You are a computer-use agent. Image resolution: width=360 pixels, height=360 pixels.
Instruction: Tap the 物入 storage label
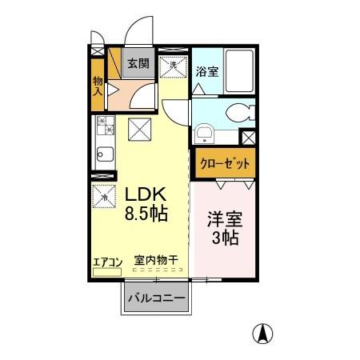tap(98, 86)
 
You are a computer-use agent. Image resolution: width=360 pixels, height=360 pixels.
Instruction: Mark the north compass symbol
tap(262, 333)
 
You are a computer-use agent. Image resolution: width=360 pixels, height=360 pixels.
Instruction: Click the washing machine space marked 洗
tap(171, 68)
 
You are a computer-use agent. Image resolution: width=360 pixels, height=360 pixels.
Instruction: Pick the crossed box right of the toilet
tap(248, 137)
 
